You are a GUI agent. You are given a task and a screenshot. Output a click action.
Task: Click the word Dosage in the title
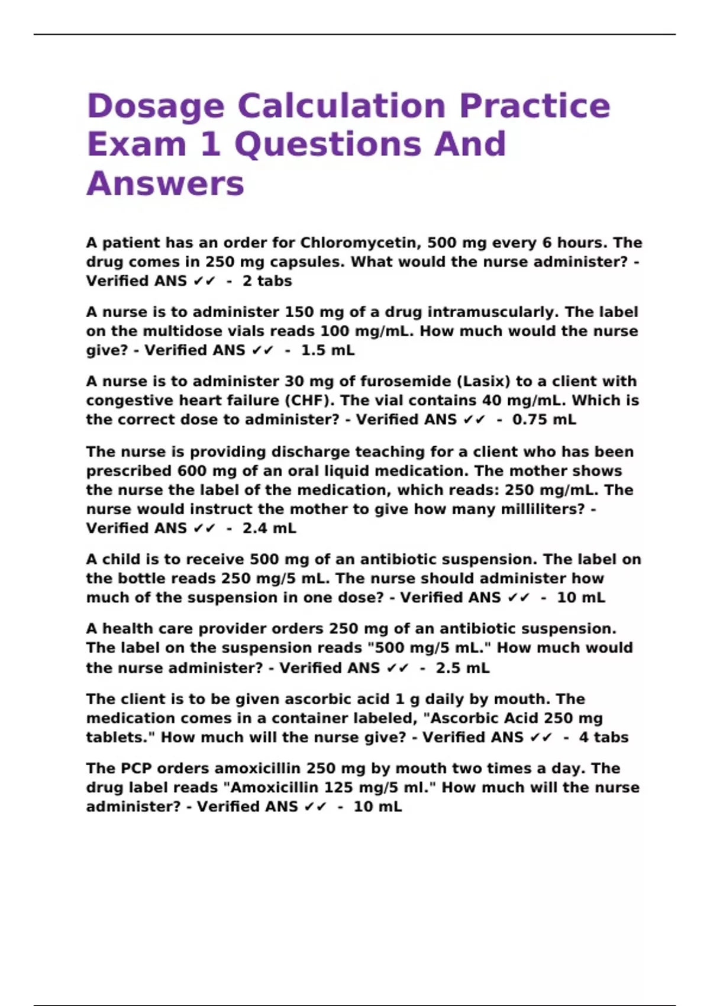click(x=156, y=107)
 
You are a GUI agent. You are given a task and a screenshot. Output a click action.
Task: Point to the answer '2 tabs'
click(x=267, y=281)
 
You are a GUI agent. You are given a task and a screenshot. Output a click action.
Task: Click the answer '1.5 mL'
click(x=328, y=350)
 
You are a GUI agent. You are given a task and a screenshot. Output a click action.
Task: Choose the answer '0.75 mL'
click(x=544, y=420)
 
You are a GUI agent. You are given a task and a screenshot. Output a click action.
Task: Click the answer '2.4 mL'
click(x=269, y=528)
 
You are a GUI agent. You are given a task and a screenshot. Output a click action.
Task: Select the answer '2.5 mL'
click(x=463, y=668)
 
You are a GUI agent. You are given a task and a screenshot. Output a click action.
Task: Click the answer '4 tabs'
click(x=603, y=737)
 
